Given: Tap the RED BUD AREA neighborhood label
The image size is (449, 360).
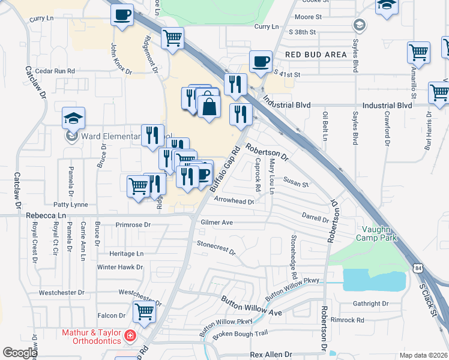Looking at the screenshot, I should pyautogui.click(x=316, y=55).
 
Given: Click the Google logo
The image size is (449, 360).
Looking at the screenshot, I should pyautogui.click(x=20, y=353).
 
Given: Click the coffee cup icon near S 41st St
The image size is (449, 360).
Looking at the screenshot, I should pyautogui.click(x=261, y=61).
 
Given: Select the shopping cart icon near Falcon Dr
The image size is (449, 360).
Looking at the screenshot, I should pyautogui.click(x=144, y=311).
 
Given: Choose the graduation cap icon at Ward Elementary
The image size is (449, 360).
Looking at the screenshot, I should pyautogui.click(x=74, y=118).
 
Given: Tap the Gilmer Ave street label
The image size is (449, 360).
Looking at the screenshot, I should pyautogui.click(x=217, y=222).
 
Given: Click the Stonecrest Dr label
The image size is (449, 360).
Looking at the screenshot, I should pyautogui.click(x=216, y=247).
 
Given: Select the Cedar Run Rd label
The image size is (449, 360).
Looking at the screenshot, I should pyautogui.click(x=55, y=71).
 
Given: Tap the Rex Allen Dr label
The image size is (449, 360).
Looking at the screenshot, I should pyautogui.click(x=271, y=355).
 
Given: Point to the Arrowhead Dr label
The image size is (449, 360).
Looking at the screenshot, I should pyautogui.click(x=234, y=202).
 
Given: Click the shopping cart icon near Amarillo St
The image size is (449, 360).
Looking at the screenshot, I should pyautogui.click(x=418, y=52).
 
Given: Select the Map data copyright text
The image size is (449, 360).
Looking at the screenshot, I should pyautogui.click(x=424, y=355).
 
